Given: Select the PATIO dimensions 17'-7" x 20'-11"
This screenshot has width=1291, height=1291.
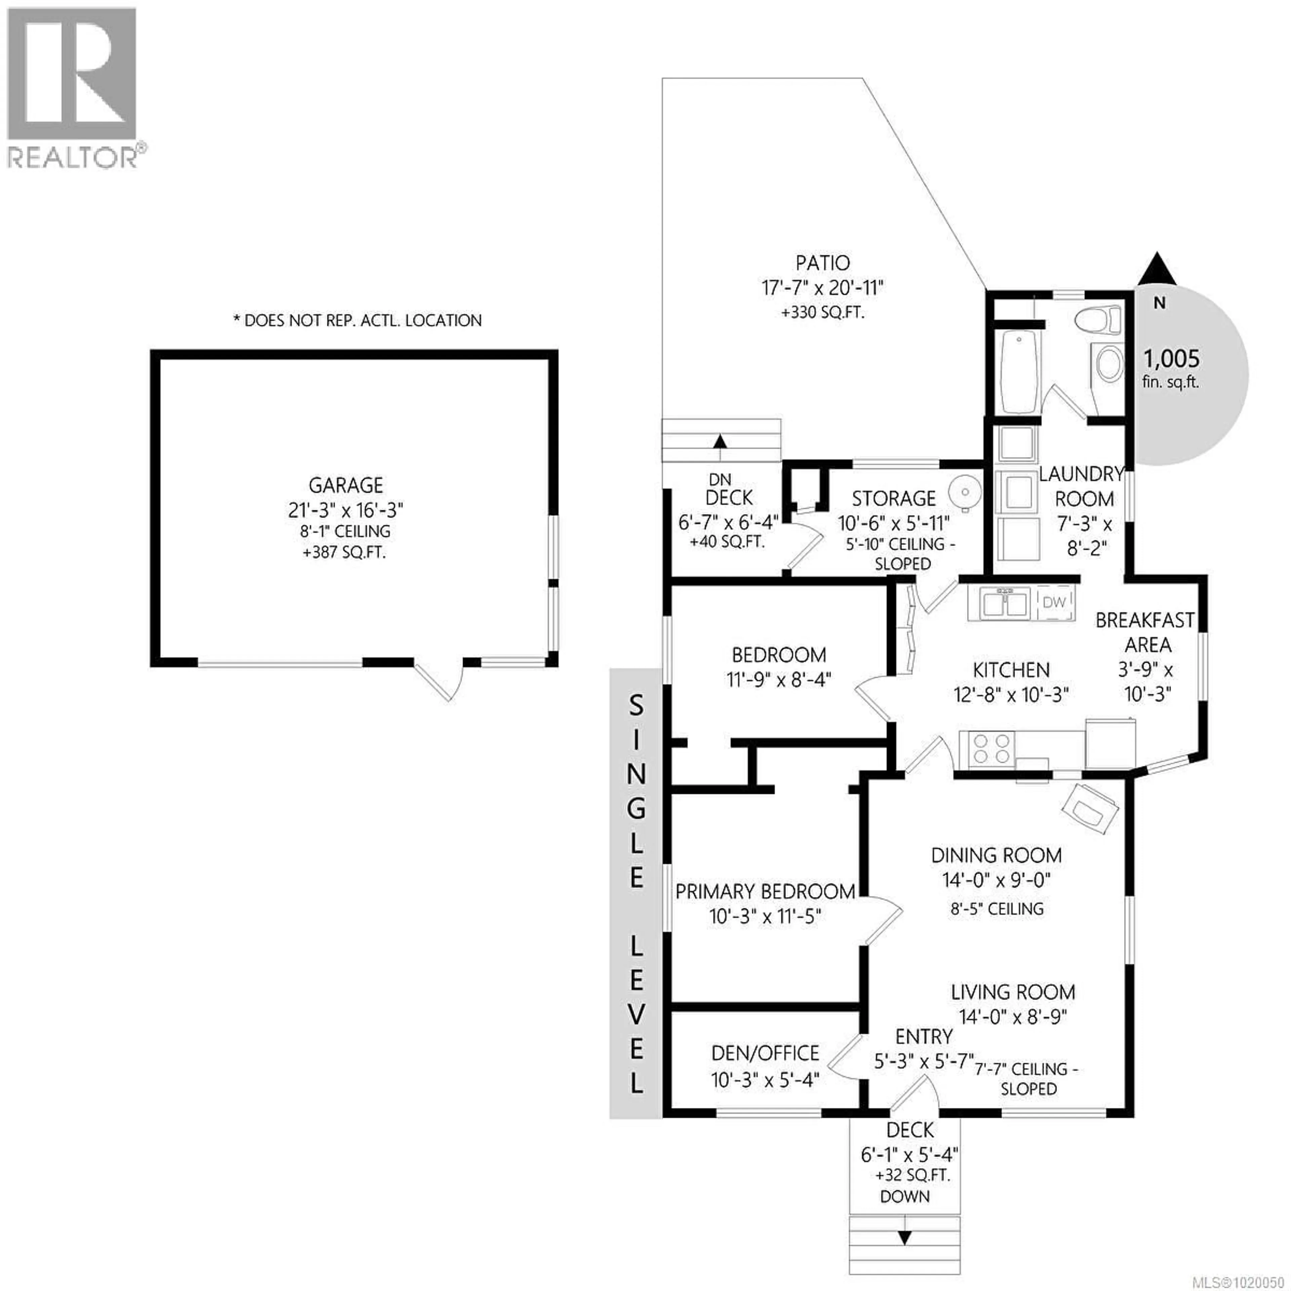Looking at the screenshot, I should [x=823, y=288].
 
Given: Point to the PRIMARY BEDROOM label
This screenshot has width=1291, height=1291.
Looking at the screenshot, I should [x=765, y=891].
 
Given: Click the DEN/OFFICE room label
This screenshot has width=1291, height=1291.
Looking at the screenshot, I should [x=765, y=1053].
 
